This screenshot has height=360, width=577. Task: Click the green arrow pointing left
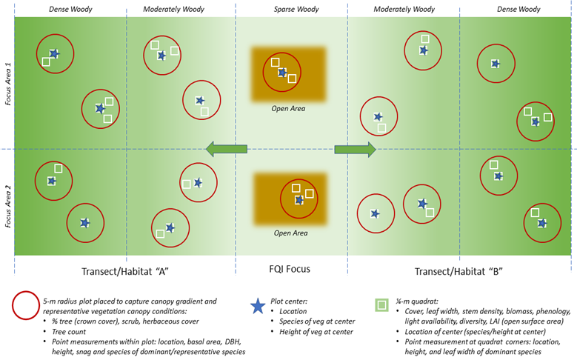pos(225,150)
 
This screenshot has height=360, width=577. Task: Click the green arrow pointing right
pos(356,150)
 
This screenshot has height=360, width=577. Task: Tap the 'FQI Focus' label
pos(290,270)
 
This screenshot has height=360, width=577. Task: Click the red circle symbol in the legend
pos(26,306)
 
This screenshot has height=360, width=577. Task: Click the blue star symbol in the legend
pos(258,305)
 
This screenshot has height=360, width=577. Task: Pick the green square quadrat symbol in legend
pos(381,305)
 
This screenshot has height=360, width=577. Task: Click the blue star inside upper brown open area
pos(282,73)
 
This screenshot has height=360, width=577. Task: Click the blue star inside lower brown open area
pos(299,200)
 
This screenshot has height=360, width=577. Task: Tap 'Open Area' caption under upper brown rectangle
pos(288,109)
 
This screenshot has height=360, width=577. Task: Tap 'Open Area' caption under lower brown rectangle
pos(290,233)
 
